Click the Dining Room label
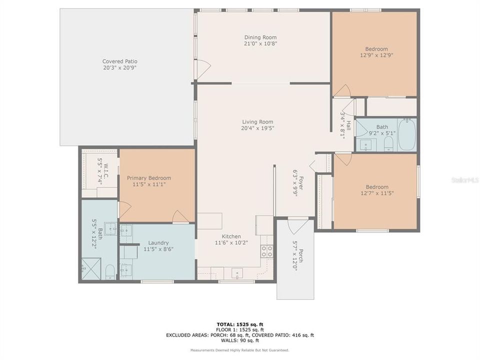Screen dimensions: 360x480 [x=260, y=37]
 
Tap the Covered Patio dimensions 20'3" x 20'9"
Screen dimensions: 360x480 [x=120, y=67]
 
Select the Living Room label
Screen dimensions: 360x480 [x=257, y=121]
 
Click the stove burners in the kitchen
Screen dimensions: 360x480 [x=266, y=251]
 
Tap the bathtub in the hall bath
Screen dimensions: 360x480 [x=406, y=134]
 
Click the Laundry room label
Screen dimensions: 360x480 [x=156, y=242]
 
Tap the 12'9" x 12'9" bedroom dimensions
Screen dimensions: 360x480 [x=376, y=55]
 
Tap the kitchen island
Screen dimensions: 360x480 [x=209, y=220]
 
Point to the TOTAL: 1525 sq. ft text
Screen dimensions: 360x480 [x=239, y=324]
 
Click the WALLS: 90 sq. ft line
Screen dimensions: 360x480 [x=239, y=341]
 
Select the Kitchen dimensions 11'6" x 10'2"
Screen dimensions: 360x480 [x=231, y=243]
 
